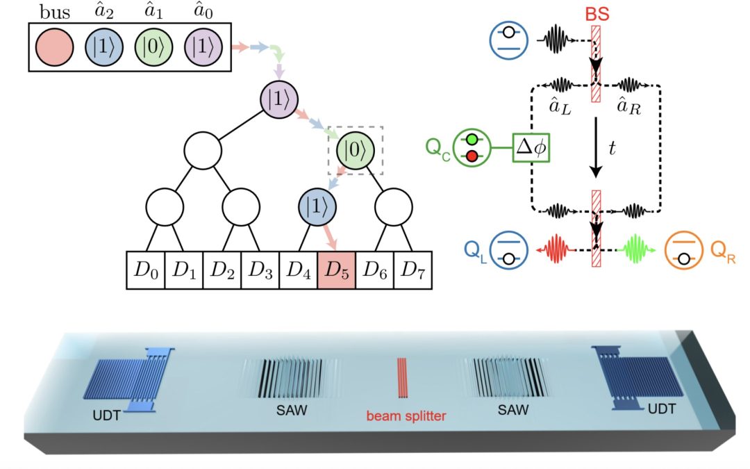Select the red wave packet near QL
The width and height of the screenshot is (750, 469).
pyautogui.click(x=556, y=247)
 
